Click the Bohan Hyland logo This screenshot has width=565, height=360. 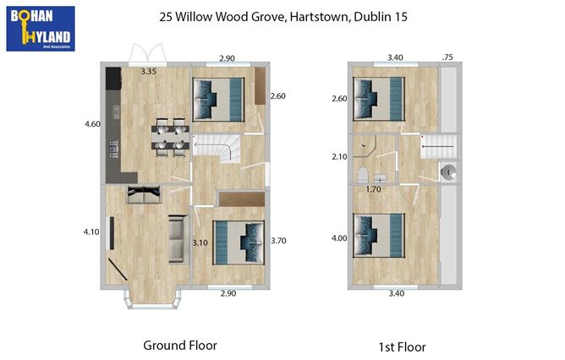click(x=40, y=28)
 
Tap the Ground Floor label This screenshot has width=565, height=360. click(x=179, y=345)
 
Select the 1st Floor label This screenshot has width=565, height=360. click(x=403, y=346)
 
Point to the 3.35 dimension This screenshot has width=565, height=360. click(x=148, y=72)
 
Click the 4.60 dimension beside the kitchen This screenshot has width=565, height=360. click(x=92, y=124)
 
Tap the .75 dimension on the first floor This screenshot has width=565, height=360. click(x=447, y=57)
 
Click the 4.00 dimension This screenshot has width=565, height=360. click(x=339, y=238)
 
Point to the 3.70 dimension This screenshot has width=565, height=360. click(x=277, y=241)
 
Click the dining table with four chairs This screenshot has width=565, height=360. click(x=169, y=139)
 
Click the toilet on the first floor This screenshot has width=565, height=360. click(x=362, y=176)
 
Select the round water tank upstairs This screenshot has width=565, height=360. click(x=449, y=172)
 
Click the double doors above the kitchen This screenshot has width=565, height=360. click(x=149, y=55)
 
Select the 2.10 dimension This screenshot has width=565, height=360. click(x=339, y=156)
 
